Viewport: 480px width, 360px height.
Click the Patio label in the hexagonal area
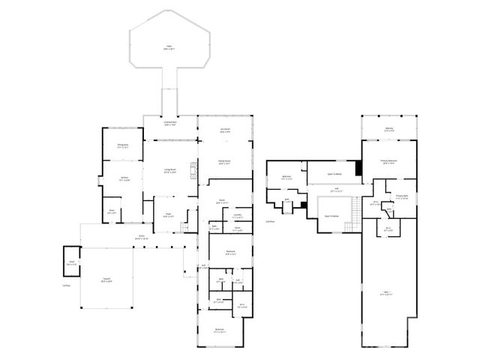coord(168,48)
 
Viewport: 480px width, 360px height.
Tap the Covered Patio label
coord(170,124)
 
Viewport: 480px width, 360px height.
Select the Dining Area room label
coord(122,146)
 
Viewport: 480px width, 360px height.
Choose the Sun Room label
coord(225,130)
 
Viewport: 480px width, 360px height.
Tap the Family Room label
coord(224,162)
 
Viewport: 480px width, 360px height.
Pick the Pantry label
coord(112,212)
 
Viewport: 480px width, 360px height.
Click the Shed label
coord(71,263)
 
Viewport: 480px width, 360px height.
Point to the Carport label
coord(107,281)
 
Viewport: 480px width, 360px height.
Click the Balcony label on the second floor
coord(389,130)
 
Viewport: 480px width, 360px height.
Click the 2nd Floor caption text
coord(270,222)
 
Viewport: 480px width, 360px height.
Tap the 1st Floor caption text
coord(66,286)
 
